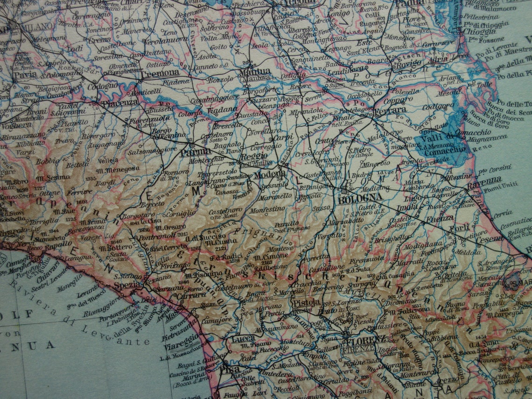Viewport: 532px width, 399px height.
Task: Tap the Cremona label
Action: pyautogui.click(x=160, y=73)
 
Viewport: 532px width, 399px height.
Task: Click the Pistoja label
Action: pyautogui.click(x=306, y=302)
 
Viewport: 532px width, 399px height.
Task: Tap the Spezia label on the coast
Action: pyautogui.click(x=128, y=284)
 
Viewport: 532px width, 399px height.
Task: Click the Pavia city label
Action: pyautogui.click(x=25, y=75)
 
